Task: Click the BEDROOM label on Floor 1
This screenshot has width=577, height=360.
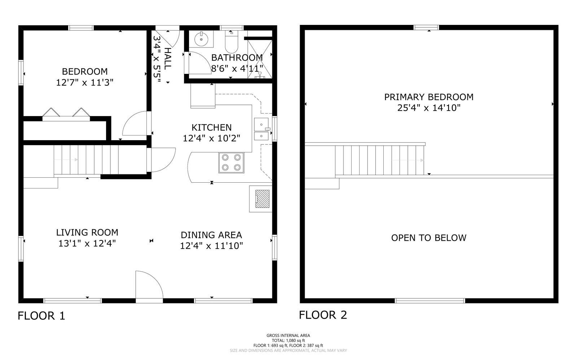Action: point(85,71)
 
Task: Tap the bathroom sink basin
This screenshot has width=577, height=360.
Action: point(201,39)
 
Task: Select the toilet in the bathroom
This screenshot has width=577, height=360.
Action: point(232,42)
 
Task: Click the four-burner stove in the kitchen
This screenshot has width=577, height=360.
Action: point(231,163)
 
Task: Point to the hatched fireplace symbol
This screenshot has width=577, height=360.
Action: point(262,199)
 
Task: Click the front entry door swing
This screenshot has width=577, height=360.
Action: point(149,285)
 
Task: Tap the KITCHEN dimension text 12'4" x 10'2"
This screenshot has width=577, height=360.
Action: point(211,138)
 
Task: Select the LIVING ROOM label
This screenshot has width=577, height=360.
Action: point(87,232)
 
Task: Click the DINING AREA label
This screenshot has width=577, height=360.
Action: point(211,235)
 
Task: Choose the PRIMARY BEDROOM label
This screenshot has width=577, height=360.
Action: point(429,97)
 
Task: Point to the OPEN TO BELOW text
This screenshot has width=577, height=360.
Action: point(429,238)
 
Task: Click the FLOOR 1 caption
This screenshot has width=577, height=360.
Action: point(41,316)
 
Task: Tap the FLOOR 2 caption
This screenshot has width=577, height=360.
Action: point(323,315)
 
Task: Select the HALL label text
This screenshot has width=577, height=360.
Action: point(168,59)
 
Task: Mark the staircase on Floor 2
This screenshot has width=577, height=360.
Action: point(379,160)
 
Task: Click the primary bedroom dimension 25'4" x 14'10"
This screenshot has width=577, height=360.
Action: point(429,108)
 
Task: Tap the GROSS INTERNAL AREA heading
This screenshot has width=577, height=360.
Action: point(288,335)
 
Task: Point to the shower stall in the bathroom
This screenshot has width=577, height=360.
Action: point(260,59)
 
